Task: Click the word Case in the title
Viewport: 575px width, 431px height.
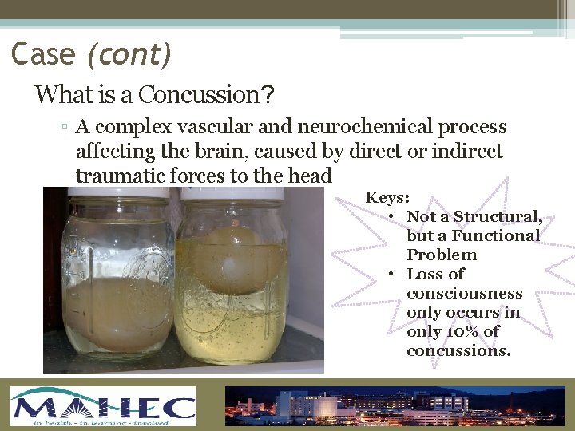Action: pyautogui.click(x=44, y=54)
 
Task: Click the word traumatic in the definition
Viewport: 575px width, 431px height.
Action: pyautogui.click(x=116, y=176)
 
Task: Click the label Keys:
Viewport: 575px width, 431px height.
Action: pyautogui.click(x=388, y=197)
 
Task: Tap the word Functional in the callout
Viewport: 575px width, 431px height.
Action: pyautogui.click(x=495, y=235)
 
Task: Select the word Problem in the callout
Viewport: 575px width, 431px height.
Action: pyautogui.click(x=442, y=255)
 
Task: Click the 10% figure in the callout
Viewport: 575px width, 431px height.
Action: pyautogui.click(x=463, y=331)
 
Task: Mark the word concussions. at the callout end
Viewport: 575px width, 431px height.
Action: pyautogui.click(x=458, y=350)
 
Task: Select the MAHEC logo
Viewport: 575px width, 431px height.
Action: pyautogui.click(x=103, y=406)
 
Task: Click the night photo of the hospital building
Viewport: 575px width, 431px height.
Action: pyautogui.click(x=399, y=406)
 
